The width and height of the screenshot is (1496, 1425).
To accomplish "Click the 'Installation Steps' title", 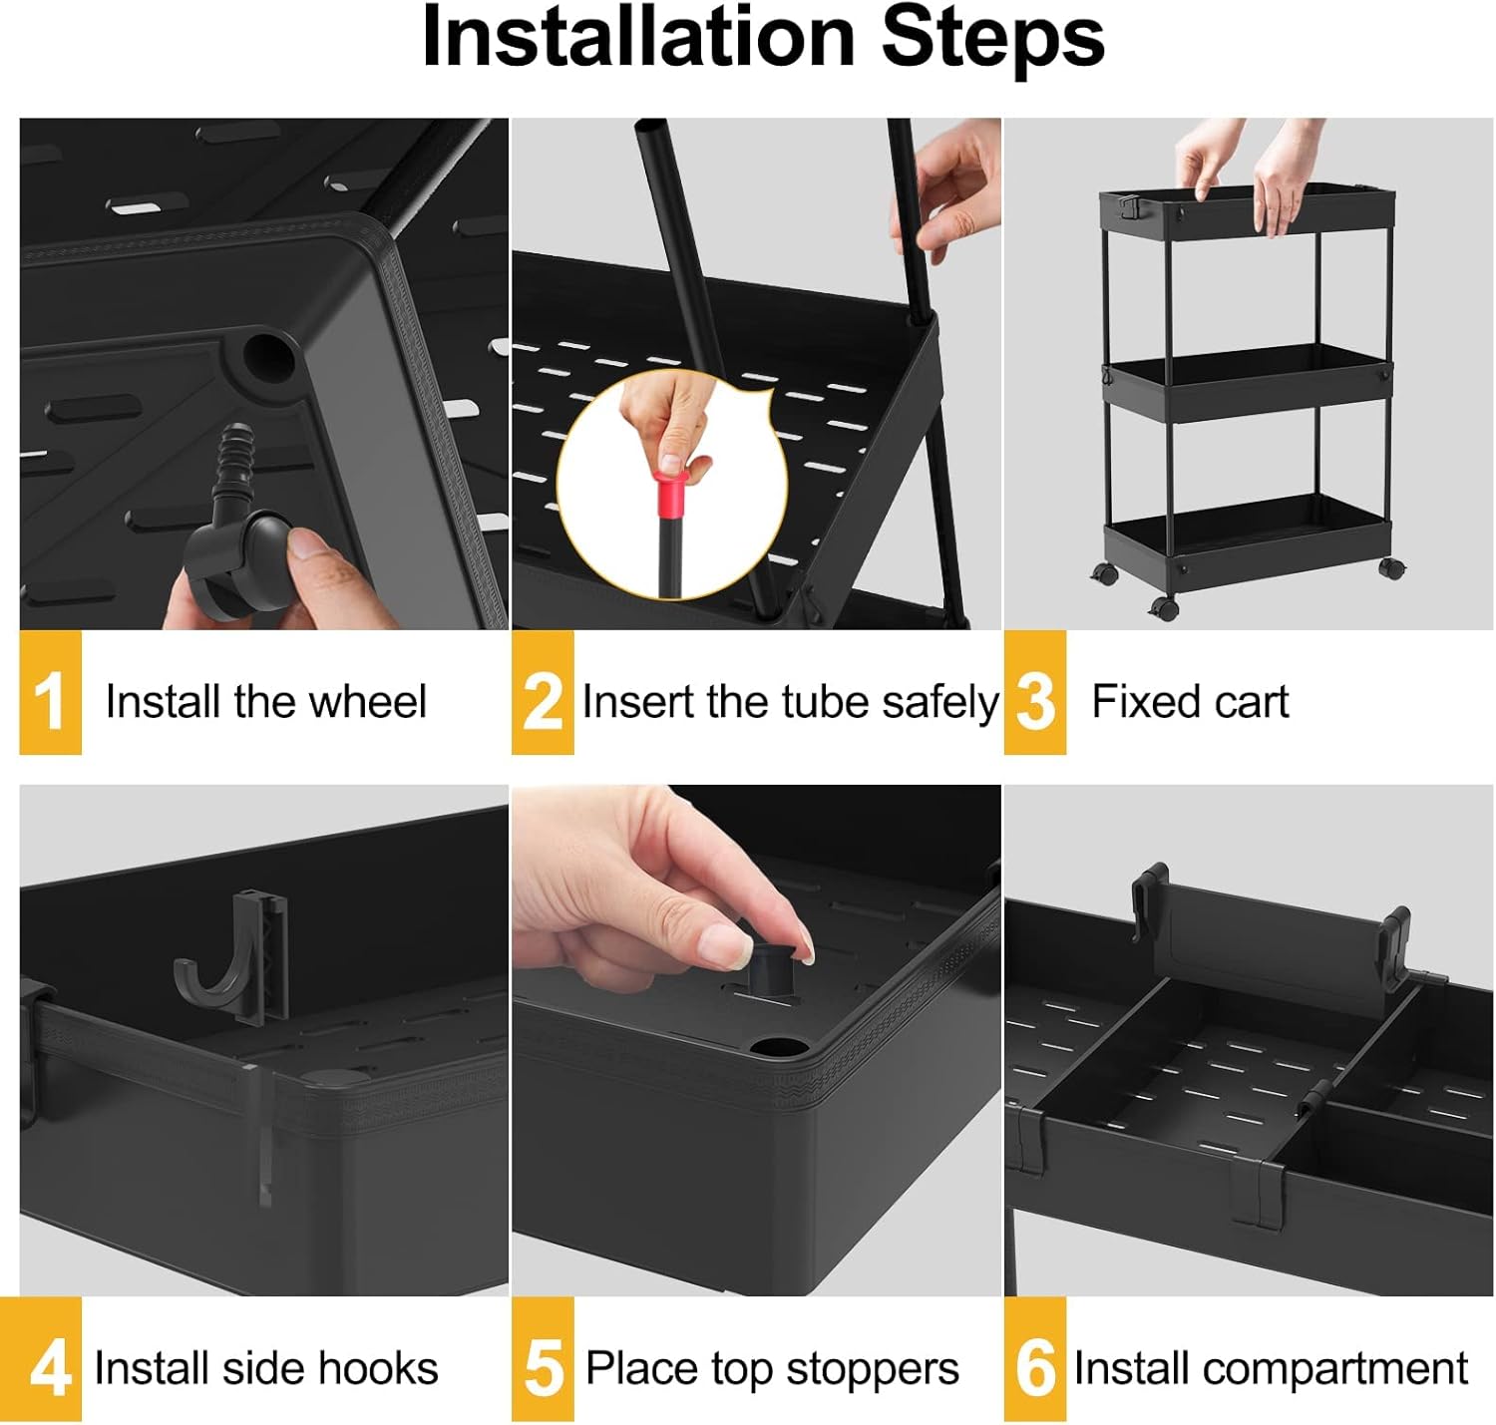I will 763,38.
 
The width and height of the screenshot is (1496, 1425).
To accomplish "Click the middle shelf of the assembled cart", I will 1247,384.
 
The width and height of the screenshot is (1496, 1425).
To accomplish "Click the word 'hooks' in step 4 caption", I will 389,1369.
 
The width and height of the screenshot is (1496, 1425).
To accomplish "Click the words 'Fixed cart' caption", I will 1189,702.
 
